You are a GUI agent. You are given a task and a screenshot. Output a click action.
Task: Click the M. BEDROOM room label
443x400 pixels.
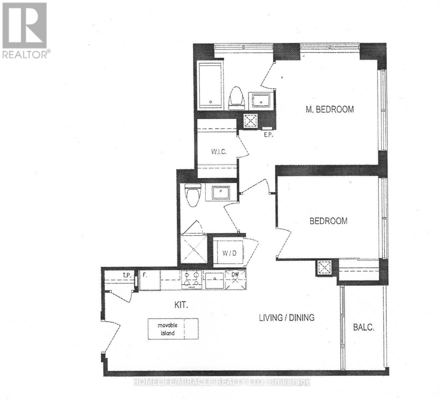(x=330, y=109)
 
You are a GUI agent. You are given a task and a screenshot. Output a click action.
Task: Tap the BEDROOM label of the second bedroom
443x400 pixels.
(x=328, y=221)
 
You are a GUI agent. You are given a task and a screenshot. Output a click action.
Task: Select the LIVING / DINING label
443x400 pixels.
(x=287, y=317)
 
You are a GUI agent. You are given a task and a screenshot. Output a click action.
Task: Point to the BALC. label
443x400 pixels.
(x=364, y=327)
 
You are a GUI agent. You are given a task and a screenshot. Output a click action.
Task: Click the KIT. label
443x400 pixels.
(x=181, y=305)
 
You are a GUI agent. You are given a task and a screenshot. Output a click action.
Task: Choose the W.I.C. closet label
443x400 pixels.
(x=219, y=152)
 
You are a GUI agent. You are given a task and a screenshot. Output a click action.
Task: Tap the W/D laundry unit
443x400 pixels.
(x=229, y=253)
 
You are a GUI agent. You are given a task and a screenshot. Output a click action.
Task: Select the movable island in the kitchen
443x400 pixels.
(x=173, y=329)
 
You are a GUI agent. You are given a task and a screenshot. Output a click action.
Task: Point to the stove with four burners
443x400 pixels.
(x=192, y=280)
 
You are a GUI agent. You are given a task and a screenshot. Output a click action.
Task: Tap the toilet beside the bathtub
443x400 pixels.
(x=237, y=98)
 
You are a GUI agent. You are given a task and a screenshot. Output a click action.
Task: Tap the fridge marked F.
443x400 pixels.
(x=149, y=280)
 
